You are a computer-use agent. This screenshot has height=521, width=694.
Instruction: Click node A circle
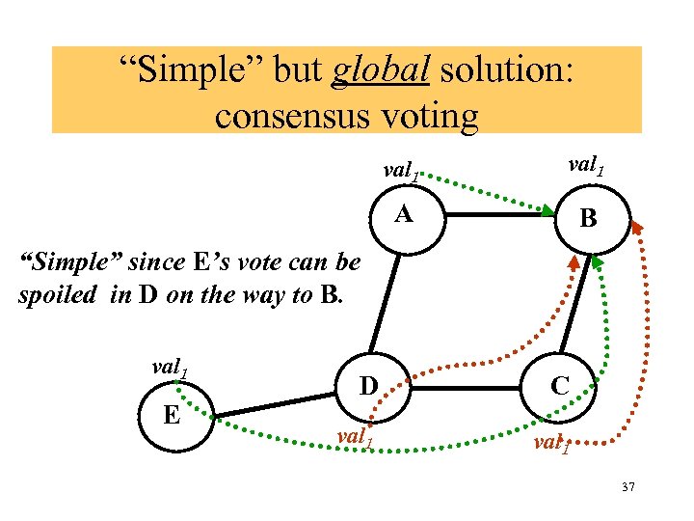click(x=405, y=215)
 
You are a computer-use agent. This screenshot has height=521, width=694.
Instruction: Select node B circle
click(x=588, y=219)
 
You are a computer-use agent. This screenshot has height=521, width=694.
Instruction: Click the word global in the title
click(x=368, y=71)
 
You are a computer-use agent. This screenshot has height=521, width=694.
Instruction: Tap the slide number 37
click(x=627, y=487)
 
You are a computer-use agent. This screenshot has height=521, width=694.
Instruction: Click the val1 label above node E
click(x=171, y=370)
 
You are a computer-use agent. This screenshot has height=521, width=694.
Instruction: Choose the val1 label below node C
click(x=550, y=445)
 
